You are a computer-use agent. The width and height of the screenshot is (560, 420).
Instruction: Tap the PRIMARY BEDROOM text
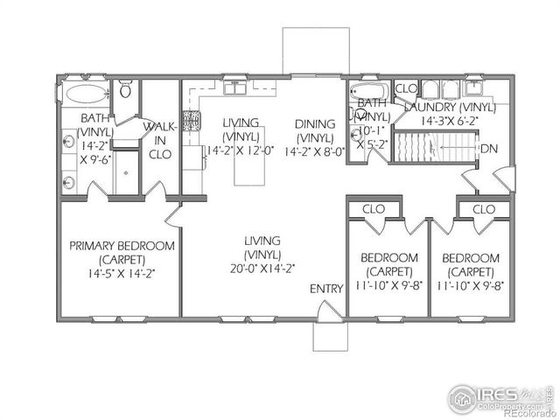click(122, 246)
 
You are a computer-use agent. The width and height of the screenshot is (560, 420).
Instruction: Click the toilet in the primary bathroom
click(126, 90)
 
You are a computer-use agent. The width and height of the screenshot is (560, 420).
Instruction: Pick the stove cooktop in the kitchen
click(191, 122)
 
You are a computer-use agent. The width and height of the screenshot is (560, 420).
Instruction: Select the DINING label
click(314, 123)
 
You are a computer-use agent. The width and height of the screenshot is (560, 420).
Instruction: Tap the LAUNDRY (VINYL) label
click(450, 107)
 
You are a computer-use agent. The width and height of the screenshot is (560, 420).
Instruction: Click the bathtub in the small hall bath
click(370, 92)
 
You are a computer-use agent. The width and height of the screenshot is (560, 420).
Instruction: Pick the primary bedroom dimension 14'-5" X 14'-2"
click(122, 272)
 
